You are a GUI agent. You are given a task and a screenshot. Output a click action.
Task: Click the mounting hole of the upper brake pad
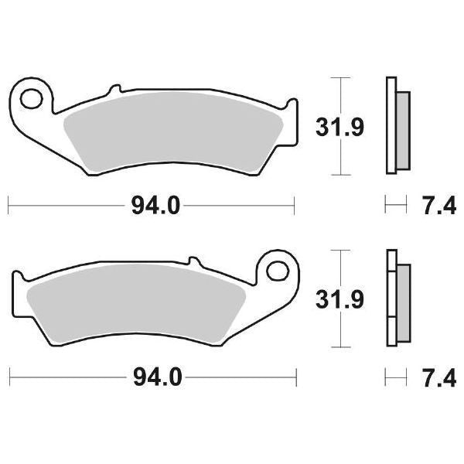pos(32,99)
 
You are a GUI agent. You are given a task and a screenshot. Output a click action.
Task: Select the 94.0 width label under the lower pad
pos(155,377)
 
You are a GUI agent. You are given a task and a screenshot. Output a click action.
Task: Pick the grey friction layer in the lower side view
pos(404,300)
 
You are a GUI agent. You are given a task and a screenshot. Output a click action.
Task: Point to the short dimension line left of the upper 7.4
pos(395,206)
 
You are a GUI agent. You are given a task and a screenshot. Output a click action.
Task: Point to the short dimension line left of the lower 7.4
pos(395,377)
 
